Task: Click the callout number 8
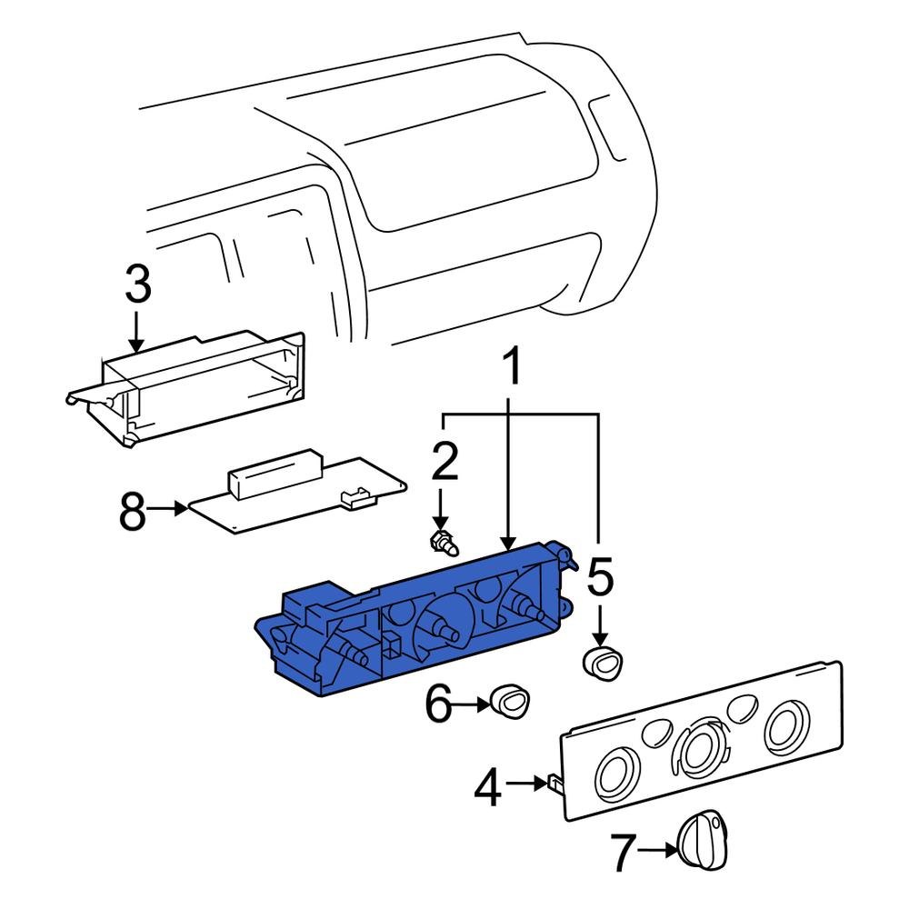point(133,510)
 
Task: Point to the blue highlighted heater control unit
point(413,618)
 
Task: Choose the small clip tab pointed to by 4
point(554,784)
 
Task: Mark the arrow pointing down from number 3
point(137,332)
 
